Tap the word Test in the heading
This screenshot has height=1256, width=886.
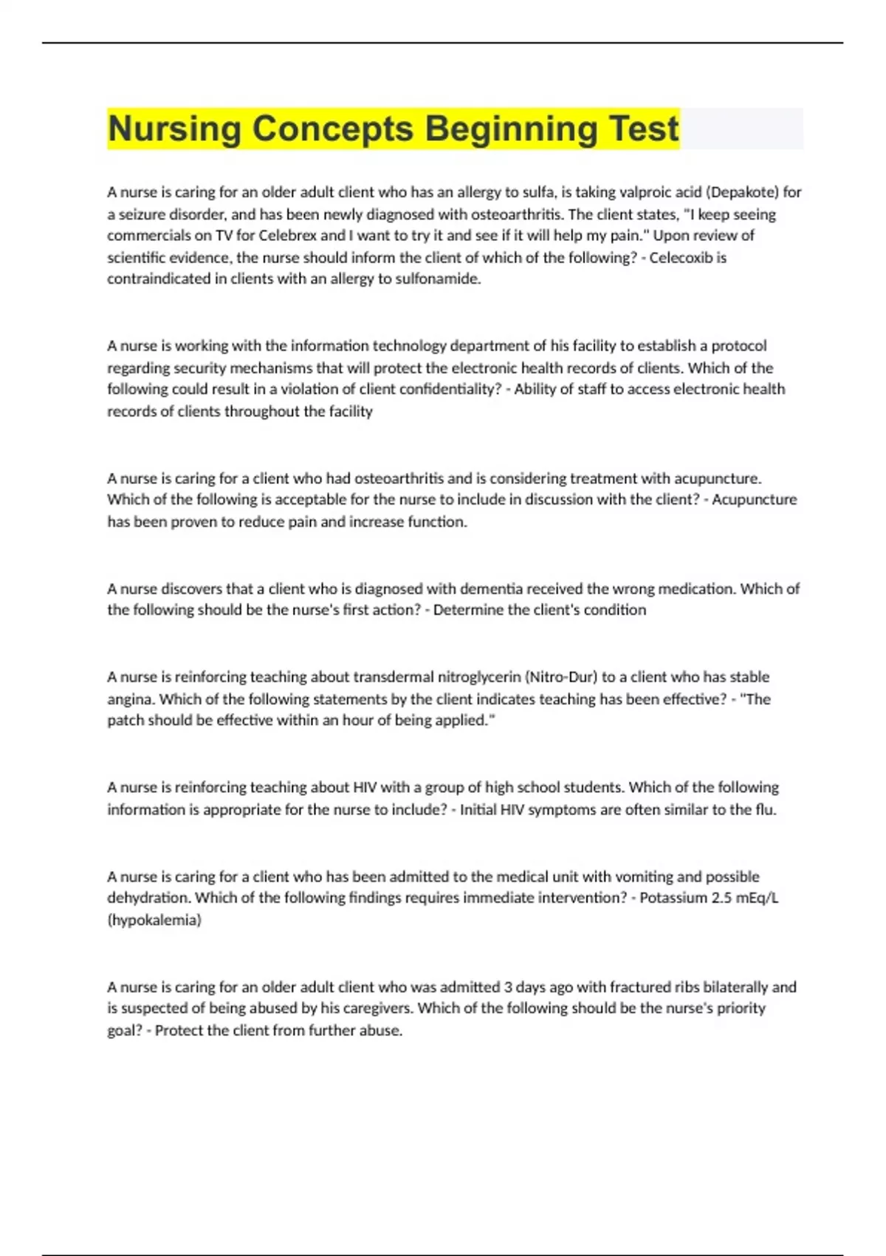(644, 129)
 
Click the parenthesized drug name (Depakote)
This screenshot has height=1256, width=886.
(742, 192)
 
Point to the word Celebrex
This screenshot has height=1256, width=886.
(288, 236)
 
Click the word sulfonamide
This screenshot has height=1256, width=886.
(438, 279)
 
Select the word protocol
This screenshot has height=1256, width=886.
(738, 346)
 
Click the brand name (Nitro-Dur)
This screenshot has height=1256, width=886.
(561, 677)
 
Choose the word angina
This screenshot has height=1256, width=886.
(130, 699)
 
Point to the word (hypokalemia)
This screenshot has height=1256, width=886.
(154, 920)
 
